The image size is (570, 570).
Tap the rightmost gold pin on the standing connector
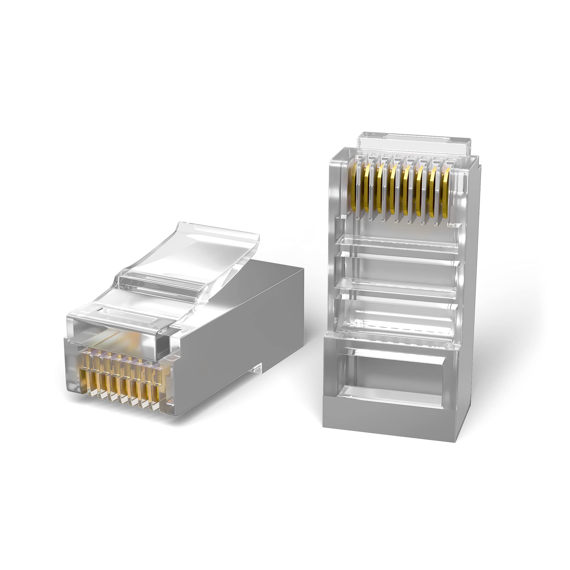(x=446, y=193)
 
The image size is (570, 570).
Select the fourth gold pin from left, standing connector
(x=392, y=192)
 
